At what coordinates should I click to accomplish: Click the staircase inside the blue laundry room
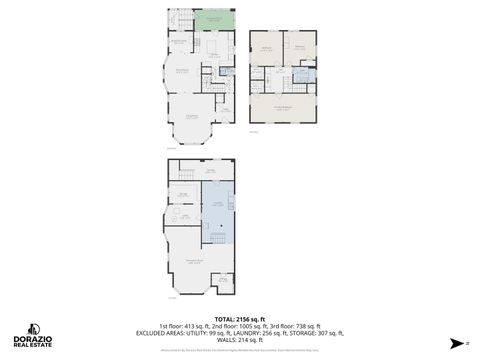231,203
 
